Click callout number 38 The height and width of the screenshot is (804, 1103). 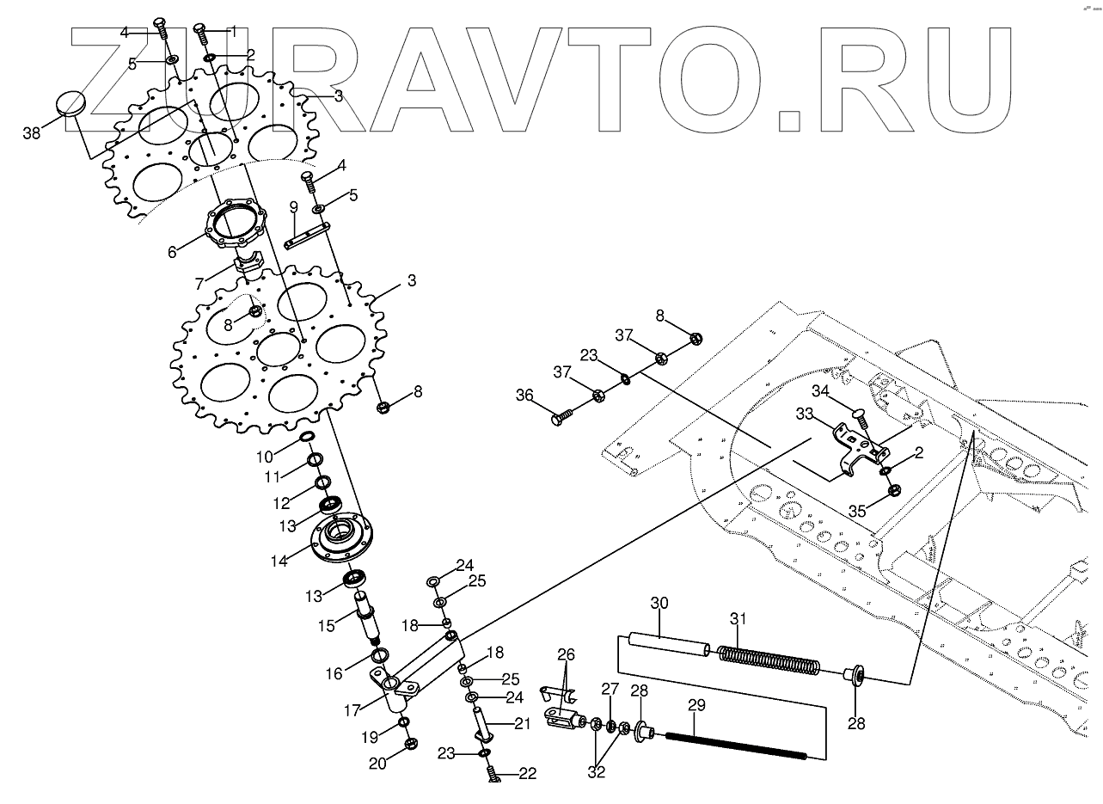pos(32,132)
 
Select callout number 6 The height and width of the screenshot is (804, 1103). pos(173,252)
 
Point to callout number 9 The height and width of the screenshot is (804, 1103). pos(293,207)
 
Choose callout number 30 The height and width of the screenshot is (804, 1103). pos(659,604)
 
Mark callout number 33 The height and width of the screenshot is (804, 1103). pos(804,413)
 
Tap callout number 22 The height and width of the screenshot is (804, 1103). pos(526,773)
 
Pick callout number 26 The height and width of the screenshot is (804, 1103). pos(566,654)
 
